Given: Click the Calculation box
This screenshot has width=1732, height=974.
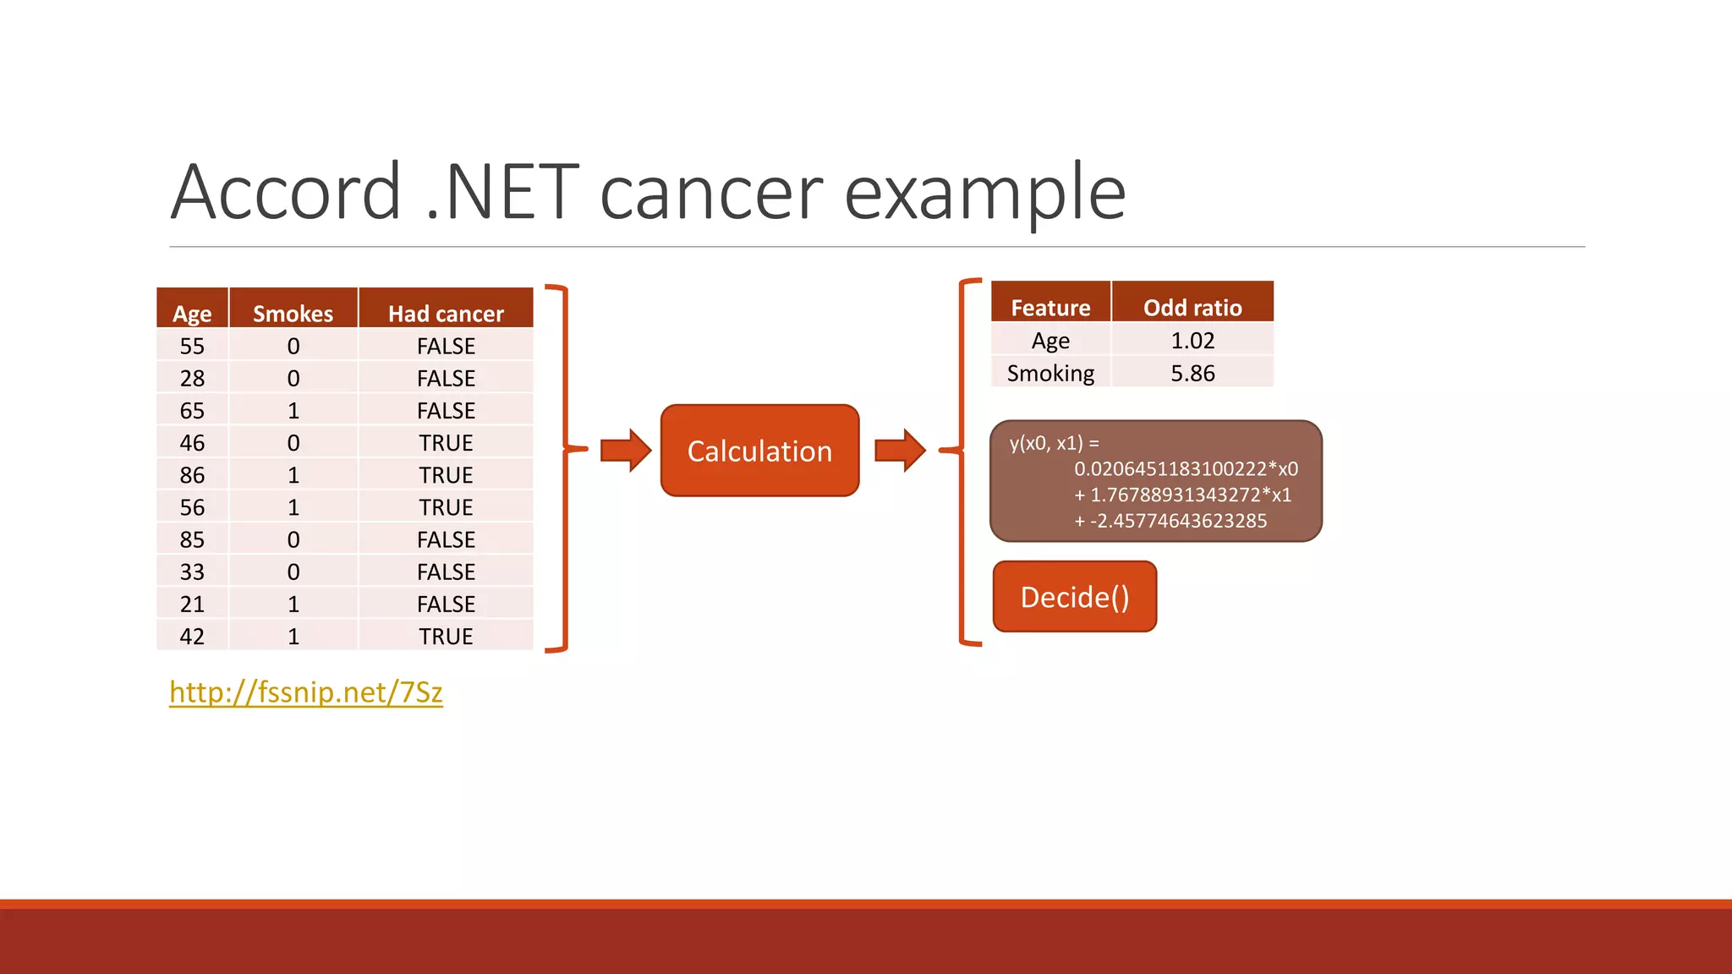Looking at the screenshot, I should (x=759, y=451).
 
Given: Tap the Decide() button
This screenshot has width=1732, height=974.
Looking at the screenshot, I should (x=1074, y=597).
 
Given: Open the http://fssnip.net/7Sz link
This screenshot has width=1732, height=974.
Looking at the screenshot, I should (x=305, y=692).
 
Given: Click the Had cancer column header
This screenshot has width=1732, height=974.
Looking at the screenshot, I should (x=446, y=314).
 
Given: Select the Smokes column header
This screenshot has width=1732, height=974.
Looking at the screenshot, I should (x=293, y=314).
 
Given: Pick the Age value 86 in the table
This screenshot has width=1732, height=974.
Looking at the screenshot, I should (x=192, y=475).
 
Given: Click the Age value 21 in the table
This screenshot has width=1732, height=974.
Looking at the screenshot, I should (x=192, y=604).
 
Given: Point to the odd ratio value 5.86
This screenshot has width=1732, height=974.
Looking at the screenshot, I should (x=1192, y=373).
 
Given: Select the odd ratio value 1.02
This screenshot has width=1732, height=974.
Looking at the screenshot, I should (x=1192, y=341).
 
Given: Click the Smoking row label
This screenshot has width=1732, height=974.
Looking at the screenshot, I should (x=1050, y=373).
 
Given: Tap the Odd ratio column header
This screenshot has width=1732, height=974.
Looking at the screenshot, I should (x=1192, y=308).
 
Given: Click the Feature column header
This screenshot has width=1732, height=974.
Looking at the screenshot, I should (x=1050, y=308).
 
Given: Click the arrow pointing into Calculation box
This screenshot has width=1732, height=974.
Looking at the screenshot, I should (x=625, y=450).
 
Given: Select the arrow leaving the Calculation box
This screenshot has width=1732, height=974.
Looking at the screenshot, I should (x=899, y=450).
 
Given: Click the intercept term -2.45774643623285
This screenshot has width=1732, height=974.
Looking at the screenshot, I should (x=1177, y=521).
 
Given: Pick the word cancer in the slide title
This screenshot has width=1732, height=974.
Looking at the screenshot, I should (x=710, y=193).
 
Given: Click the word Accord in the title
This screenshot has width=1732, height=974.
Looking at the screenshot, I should (x=286, y=193).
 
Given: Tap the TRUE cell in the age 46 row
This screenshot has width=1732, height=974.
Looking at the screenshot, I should (x=446, y=443).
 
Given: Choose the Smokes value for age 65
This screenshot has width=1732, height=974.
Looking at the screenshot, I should (x=293, y=411).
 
